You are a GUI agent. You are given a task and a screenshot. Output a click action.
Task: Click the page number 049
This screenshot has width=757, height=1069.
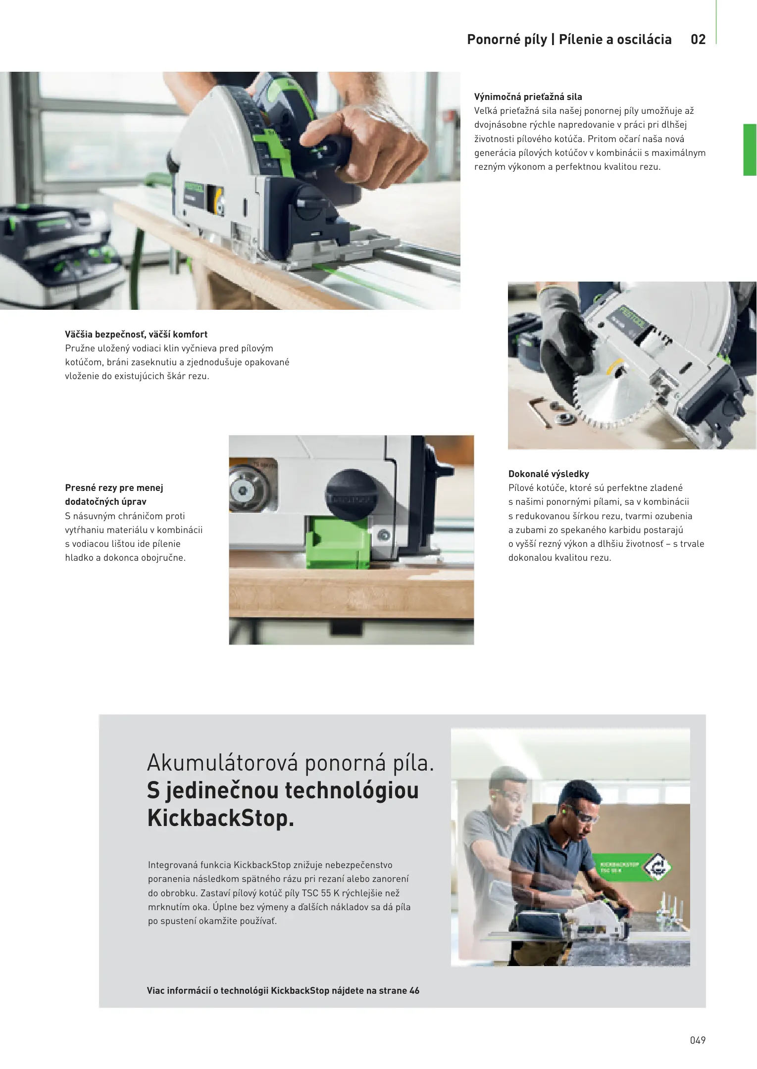tap(698, 1040)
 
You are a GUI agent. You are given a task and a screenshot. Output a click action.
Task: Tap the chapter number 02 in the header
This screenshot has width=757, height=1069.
tap(698, 40)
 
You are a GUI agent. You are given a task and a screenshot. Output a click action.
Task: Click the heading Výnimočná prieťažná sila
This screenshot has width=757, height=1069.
tap(528, 97)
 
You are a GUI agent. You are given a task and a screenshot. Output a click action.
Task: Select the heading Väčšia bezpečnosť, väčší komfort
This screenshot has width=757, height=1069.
tap(136, 335)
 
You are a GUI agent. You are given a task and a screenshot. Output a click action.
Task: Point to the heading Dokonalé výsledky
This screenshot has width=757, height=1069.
tap(549, 474)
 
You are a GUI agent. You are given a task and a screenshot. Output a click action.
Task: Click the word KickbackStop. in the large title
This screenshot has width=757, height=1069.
tap(221, 818)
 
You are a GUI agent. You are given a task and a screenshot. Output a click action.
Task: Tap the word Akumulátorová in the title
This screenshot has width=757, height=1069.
tap(223, 763)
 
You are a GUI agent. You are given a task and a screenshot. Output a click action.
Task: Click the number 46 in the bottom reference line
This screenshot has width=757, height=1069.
tap(414, 991)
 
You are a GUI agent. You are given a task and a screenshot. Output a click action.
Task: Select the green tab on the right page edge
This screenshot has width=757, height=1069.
tap(750, 150)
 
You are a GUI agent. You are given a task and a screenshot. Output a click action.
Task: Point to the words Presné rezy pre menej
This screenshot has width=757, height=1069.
tap(114, 488)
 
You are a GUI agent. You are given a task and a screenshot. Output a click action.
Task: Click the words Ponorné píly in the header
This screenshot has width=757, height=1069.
tap(507, 40)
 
